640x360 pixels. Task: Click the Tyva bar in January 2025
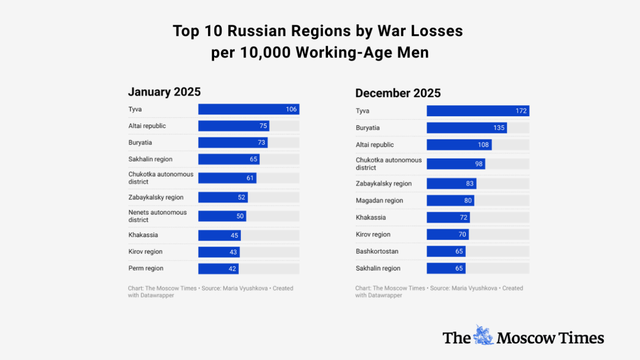click(248, 109)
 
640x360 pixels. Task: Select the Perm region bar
click(218, 268)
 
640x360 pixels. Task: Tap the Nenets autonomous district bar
click(222, 216)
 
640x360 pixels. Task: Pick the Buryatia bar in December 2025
click(466, 128)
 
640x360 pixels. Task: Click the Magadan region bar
click(450, 200)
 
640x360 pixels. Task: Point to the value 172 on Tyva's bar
click(521, 111)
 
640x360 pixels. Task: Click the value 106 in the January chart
click(291, 109)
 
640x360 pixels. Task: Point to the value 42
click(232, 268)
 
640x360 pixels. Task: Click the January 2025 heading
click(164, 91)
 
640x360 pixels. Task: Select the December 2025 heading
click(398, 93)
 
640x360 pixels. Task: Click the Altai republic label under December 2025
click(375, 145)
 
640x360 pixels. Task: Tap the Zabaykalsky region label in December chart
click(384, 184)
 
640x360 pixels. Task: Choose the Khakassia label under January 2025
click(143, 235)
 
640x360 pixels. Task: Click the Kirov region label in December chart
click(373, 234)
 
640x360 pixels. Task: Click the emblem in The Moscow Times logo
click(483, 335)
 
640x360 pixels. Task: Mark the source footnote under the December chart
click(439, 292)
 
